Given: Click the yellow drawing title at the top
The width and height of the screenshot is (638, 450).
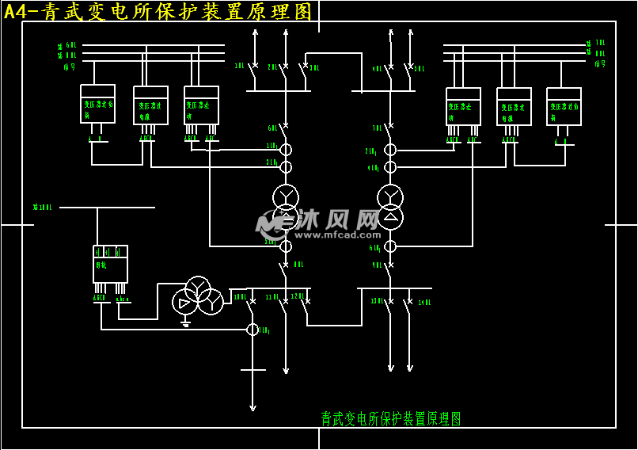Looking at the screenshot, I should coord(158,11).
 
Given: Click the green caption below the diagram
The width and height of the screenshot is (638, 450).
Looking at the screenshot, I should coord(391,418).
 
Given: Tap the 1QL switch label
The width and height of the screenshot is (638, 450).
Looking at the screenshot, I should coord(239,67).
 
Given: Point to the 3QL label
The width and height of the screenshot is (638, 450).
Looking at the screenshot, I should coord(314,68).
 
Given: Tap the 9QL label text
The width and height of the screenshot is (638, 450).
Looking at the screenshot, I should coord(377,265).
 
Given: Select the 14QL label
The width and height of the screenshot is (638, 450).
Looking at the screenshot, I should coord(424,303).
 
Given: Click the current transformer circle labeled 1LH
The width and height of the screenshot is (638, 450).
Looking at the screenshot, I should coord(286,150).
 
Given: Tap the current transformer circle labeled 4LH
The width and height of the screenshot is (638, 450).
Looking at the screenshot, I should coord(390,167).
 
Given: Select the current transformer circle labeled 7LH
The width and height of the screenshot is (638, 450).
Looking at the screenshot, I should coord(253,329).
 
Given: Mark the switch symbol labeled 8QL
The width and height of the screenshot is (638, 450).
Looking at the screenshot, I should coord(284,269).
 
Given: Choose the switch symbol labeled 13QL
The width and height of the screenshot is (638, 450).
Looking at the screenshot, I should coord(389,304).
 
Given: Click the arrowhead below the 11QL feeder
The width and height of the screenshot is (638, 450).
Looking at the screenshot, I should coord(286,369).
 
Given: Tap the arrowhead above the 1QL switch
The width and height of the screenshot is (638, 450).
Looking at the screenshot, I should coord(255,32).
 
